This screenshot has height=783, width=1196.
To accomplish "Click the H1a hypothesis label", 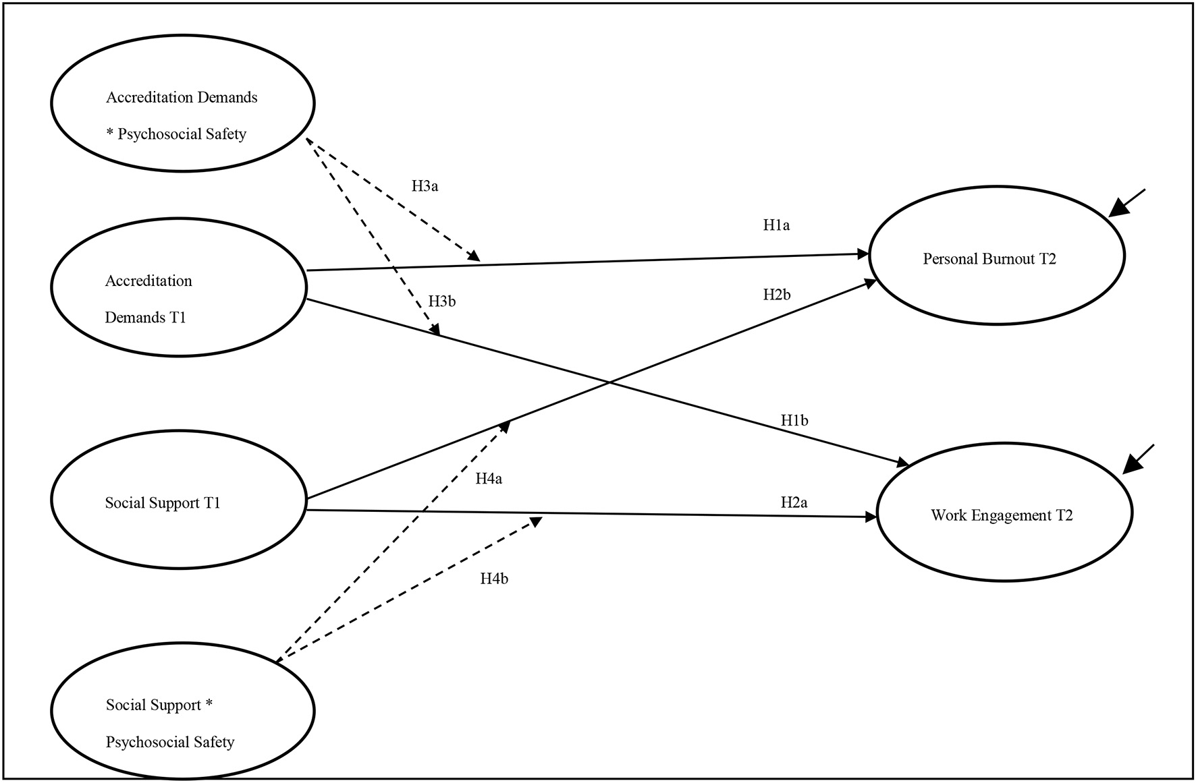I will click(x=776, y=225).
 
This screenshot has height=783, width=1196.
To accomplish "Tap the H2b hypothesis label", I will click(x=777, y=295).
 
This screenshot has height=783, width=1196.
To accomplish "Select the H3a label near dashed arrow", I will click(x=425, y=186).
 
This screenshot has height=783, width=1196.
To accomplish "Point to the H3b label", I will click(x=441, y=301).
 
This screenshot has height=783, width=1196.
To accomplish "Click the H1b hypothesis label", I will click(x=794, y=421).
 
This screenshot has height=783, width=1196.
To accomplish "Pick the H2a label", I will click(x=794, y=502).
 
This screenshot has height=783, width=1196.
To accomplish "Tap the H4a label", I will click(x=489, y=479).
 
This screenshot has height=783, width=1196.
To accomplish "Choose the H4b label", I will click(x=494, y=579).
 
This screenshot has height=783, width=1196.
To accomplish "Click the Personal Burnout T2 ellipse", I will click(x=996, y=256).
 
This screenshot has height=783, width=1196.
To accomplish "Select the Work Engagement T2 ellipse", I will click(x=1004, y=513).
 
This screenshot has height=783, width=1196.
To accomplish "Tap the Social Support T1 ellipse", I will click(x=180, y=500).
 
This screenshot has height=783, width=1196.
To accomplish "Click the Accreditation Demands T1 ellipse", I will click(x=180, y=287).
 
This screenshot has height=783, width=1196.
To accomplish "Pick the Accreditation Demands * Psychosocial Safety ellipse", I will click(x=182, y=103).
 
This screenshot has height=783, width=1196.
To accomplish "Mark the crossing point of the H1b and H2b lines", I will click(x=609, y=382).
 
